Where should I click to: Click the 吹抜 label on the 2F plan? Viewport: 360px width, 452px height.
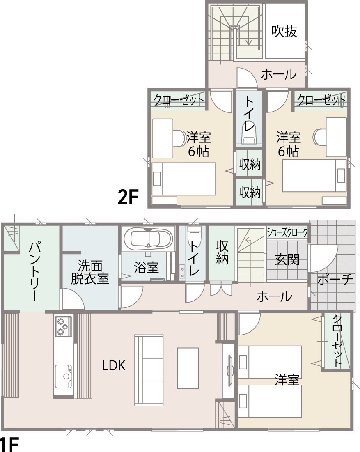tap(284, 31)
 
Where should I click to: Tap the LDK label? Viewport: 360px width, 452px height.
tap(114, 365)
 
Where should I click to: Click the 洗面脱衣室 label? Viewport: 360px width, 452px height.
tap(90, 273)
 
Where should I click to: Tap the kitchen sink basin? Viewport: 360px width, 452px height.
tap(63, 376)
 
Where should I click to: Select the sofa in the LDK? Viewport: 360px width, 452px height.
tap(149, 370)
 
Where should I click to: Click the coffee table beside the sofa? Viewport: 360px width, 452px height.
tap(188, 368)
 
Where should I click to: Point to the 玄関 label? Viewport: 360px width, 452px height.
tap(287, 259)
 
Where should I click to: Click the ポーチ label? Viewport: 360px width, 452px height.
tap(335, 279)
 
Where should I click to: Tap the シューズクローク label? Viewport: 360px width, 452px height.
tap(287, 232)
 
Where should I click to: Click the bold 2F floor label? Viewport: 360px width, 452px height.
tap(128, 197)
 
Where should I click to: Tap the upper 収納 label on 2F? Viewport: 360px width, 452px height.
tap(250, 164)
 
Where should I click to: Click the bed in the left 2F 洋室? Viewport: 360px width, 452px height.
tap(184, 179)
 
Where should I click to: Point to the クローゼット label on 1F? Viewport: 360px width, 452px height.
tap(337, 341)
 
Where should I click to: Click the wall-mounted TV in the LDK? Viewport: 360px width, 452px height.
tap(230, 370)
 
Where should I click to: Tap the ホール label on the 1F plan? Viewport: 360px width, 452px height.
tap(274, 296)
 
